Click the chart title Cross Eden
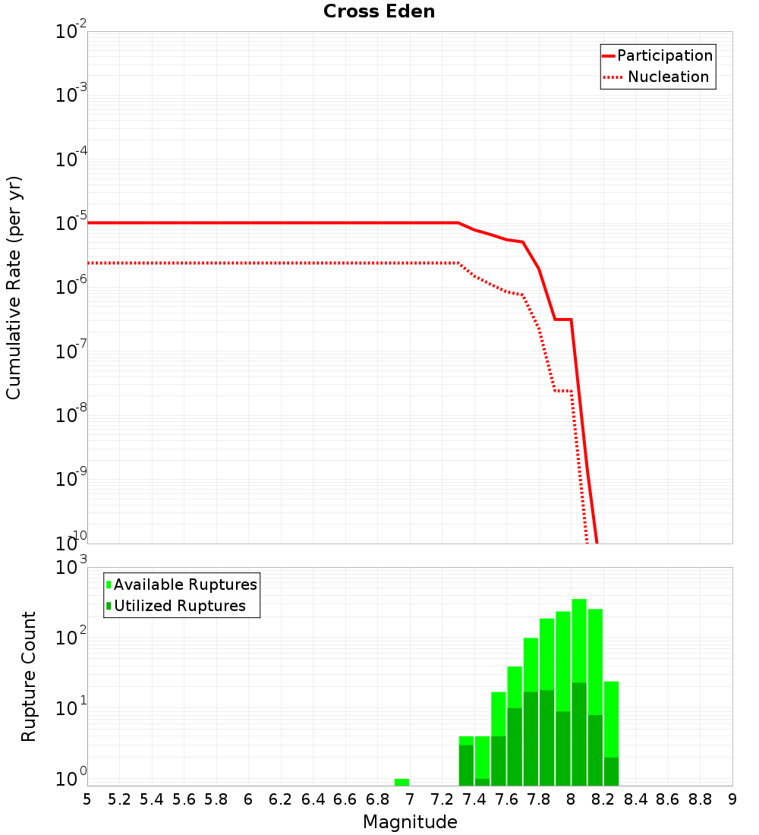click(x=379, y=11)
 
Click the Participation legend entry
click(x=664, y=55)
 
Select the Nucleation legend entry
click(x=667, y=77)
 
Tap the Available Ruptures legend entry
click(x=185, y=584)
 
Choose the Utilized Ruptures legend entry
click(x=179, y=606)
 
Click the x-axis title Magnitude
click(x=410, y=822)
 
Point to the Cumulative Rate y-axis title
click(x=14, y=288)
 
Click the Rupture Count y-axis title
click(x=29, y=676)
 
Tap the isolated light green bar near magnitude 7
click(x=402, y=782)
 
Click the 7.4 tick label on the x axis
click(x=474, y=799)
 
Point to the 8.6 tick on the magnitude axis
click(x=668, y=799)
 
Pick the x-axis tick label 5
click(x=87, y=799)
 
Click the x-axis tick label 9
click(x=732, y=799)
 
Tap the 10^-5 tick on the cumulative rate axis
click(x=71, y=223)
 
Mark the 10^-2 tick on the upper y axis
click(x=71, y=32)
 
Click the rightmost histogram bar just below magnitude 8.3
click(x=611, y=721)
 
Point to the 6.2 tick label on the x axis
click(x=281, y=799)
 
